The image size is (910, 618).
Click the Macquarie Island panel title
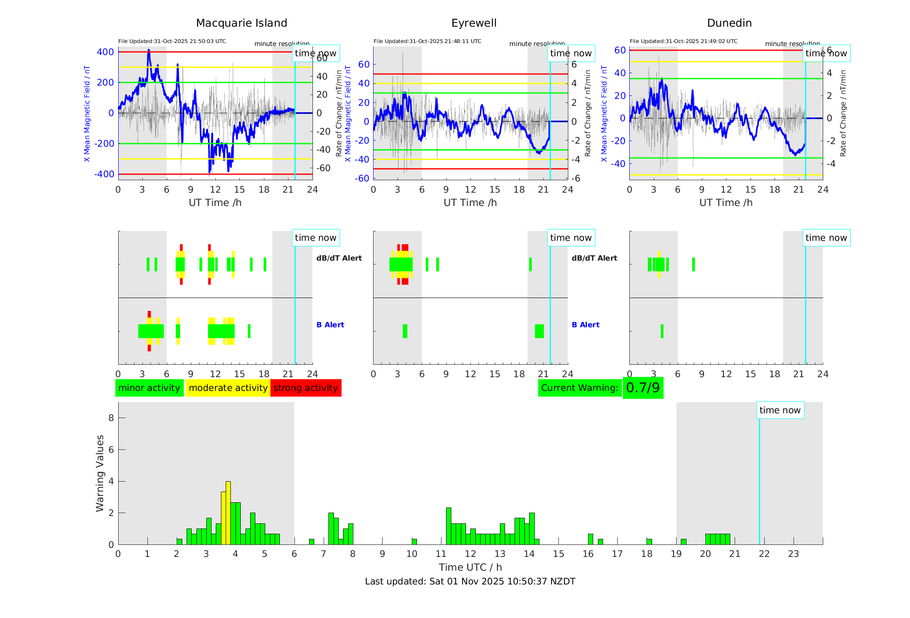pos(242,23)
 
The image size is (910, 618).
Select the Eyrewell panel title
pos(474,23)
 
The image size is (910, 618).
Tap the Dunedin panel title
pos(729,23)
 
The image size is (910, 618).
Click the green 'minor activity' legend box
pos(149,388)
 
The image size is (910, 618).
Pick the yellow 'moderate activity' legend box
pos(228,388)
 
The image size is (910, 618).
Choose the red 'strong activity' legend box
pos(306,388)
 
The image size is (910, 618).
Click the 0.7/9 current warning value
pos(643,388)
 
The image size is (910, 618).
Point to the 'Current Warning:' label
pos(579,388)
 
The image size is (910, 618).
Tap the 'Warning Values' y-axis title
pos(100,473)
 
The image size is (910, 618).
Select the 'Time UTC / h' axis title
pos(470,567)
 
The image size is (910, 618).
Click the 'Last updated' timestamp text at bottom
pos(470,581)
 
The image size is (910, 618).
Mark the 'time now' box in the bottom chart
pos(780,410)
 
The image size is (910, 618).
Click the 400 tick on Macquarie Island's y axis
pos(105,52)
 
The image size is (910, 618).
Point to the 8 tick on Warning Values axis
pos(111,418)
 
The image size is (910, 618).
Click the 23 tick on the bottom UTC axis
pos(793,554)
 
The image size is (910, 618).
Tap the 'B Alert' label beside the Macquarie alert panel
pos(330,325)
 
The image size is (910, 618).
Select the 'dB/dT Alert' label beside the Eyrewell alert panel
pos(594,258)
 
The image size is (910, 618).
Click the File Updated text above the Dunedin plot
pos(683,41)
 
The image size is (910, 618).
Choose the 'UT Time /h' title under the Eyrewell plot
pos(470,203)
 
